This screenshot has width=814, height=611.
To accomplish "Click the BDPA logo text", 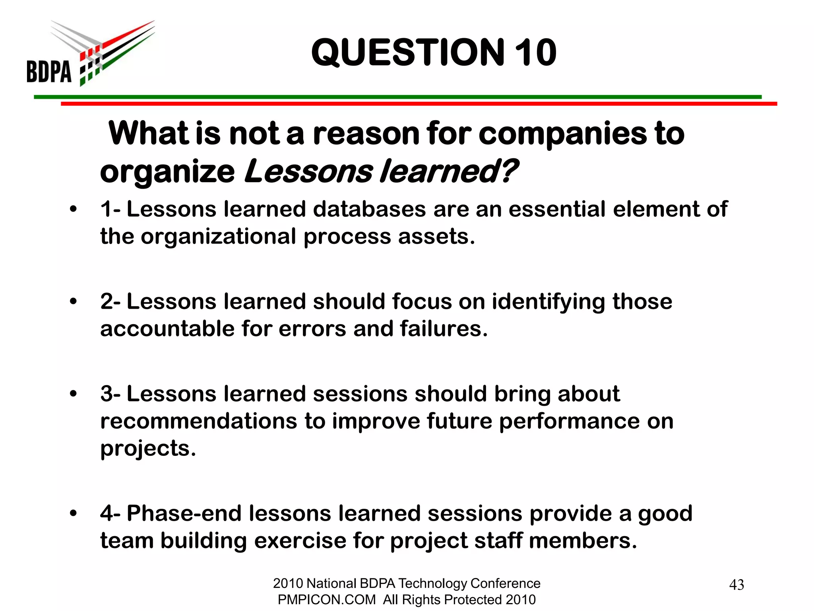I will point(49,72).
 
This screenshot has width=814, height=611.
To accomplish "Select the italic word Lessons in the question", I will point(308,172).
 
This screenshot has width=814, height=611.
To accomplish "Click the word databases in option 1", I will point(369,209).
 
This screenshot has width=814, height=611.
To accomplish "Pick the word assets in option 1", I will point(436,237).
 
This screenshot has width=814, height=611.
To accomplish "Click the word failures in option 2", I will point(444,329).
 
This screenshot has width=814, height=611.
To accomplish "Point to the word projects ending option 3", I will point(148,449).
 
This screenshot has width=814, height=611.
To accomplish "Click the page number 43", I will point(736,585).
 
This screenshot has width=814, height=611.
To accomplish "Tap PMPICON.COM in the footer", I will point(326,599).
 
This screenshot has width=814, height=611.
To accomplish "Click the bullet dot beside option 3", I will point(73,394).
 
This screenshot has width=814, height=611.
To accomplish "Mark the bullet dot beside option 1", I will point(73,209).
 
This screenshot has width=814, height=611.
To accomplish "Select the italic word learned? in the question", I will point(449,172).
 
